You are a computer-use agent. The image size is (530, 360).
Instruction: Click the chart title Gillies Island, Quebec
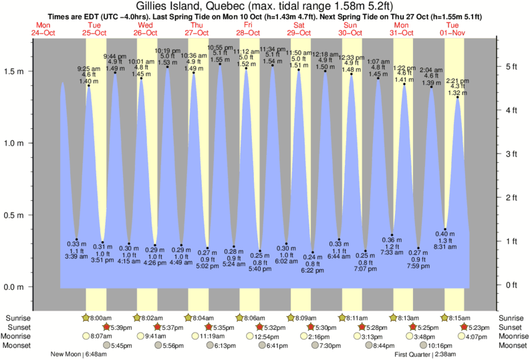click(264, 6)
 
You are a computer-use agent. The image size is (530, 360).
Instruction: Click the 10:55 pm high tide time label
click(219, 48)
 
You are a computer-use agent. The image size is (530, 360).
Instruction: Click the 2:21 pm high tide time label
click(458, 81)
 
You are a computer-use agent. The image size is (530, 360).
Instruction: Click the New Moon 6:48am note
click(78, 354)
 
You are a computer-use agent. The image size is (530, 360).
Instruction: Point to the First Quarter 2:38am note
click(426, 354)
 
